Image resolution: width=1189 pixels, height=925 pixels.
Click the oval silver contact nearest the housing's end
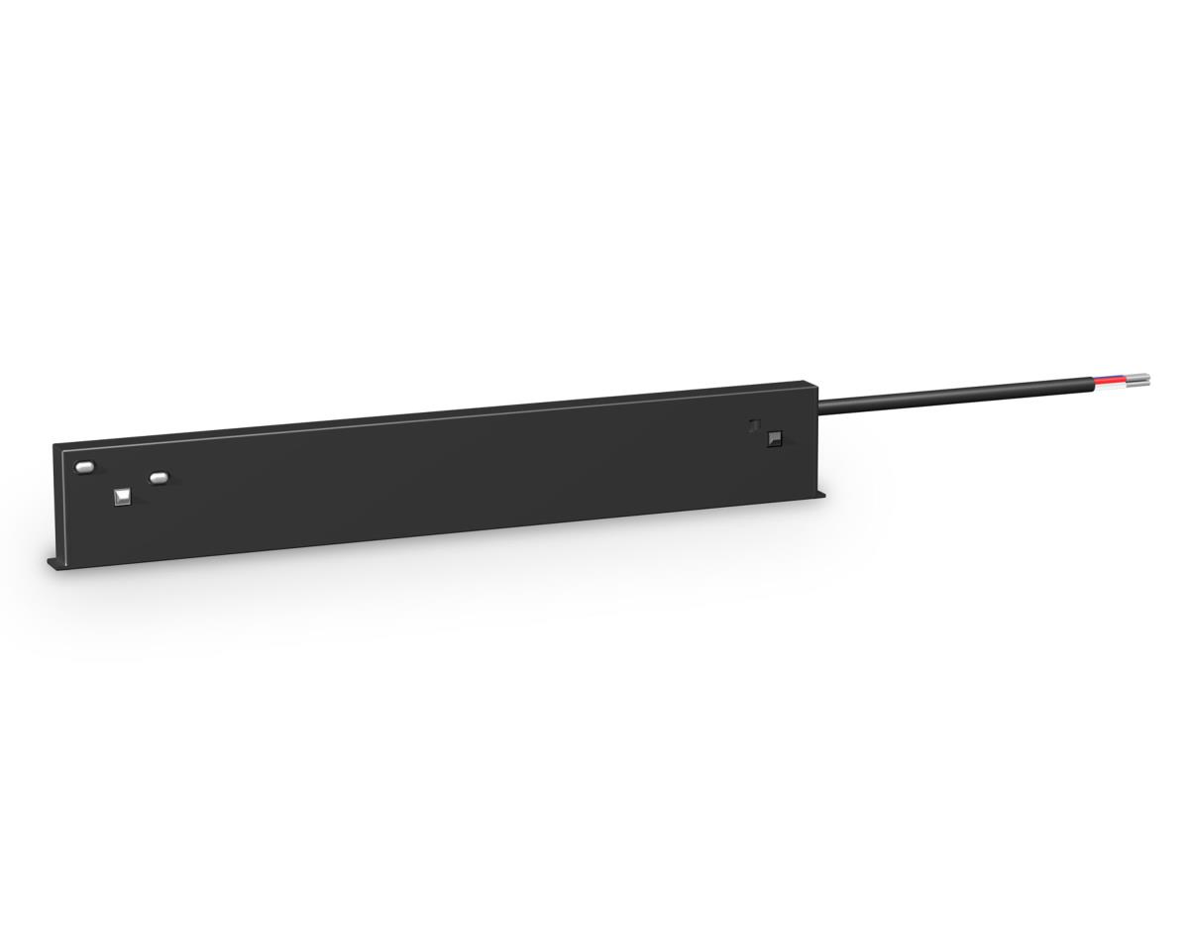point(84,465)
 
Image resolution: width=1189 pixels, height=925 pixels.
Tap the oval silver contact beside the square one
point(158,478)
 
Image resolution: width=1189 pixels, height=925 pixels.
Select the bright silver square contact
point(123,495)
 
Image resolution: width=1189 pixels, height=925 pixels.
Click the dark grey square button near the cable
point(775,437)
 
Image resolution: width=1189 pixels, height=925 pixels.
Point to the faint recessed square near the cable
point(755,424)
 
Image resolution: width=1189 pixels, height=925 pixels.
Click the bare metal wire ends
point(1140,379)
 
